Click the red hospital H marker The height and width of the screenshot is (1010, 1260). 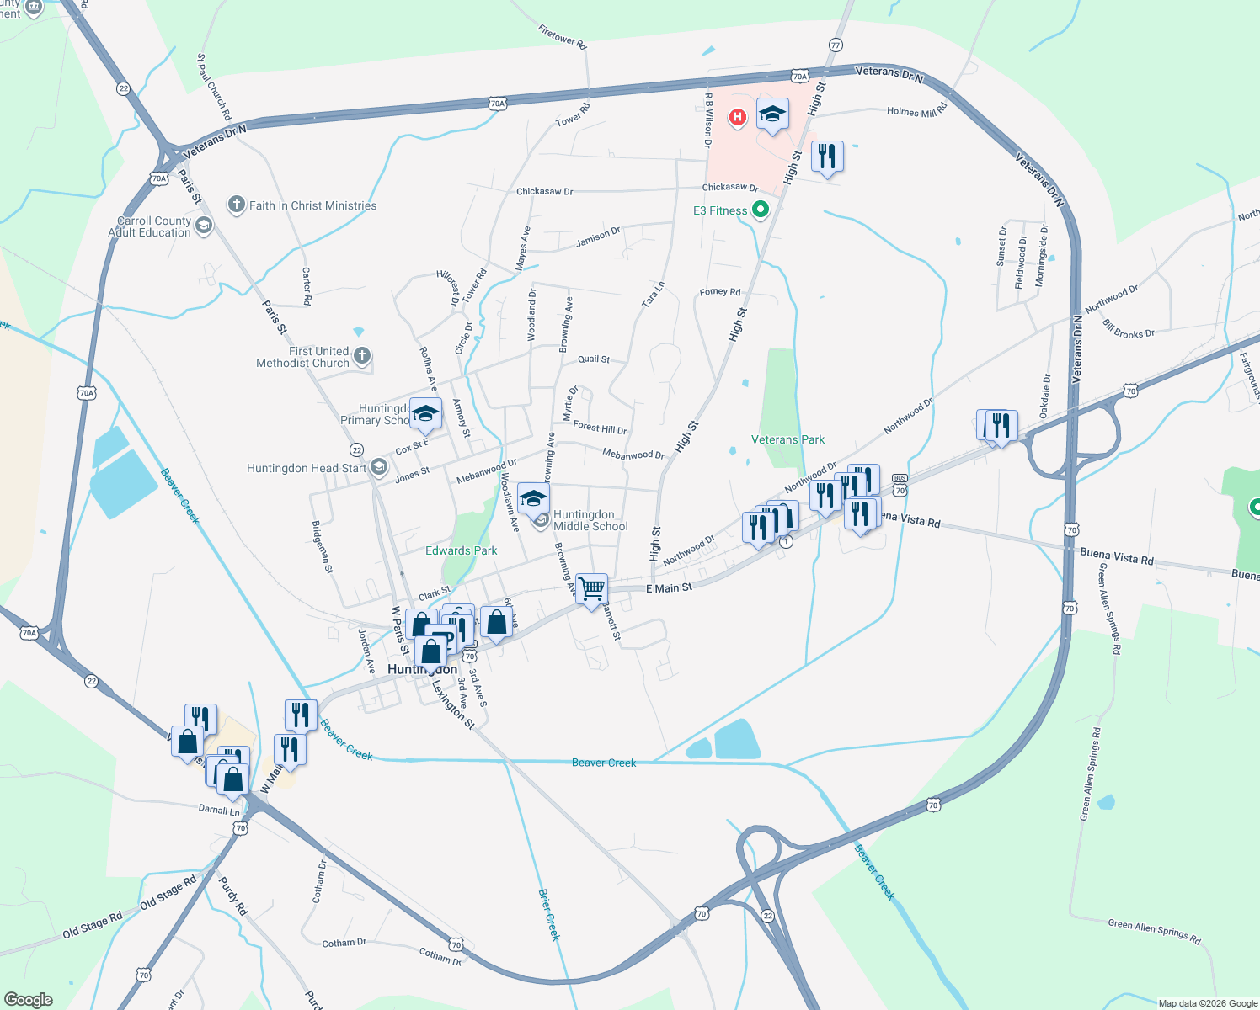point(738,117)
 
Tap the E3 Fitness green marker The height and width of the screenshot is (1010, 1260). point(761,210)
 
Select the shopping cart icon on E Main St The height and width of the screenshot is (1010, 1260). point(592,588)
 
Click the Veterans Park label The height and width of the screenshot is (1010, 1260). point(787,439)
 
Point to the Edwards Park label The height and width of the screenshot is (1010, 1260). point(461,550)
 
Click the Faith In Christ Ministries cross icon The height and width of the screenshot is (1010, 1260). point(237,205)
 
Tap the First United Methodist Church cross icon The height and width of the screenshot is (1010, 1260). point(362,356)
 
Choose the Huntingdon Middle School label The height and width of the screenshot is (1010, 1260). point(590,520)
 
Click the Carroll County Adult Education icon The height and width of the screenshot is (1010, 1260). point(203,226)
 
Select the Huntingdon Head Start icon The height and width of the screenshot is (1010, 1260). point(378,468)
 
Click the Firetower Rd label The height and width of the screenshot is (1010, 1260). point(562,36)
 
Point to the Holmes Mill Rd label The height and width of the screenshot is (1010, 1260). point(916,110)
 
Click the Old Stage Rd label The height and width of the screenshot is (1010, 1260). point(168,892)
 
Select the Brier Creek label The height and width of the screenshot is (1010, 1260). point(548,914)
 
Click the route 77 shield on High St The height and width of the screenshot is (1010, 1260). point(836,45)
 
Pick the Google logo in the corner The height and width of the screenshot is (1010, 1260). point(28,999)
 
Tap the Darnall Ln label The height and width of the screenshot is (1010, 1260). point(219,810)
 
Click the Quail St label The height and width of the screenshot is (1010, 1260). point(594,359)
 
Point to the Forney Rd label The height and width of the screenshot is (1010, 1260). point(720,292)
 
